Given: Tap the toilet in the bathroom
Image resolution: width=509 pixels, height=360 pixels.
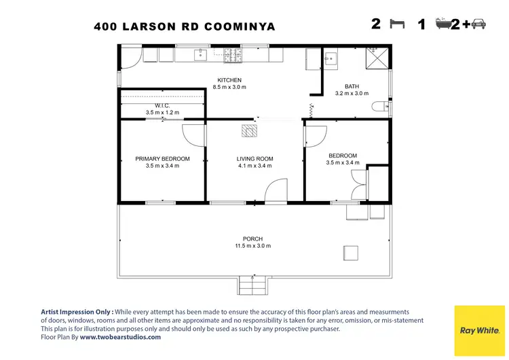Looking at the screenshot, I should (x=383, y=106).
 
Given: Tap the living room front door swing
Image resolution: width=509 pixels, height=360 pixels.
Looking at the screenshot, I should (x=276, y=192).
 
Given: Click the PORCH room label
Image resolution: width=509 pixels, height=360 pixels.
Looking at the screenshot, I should (x=253, y=239).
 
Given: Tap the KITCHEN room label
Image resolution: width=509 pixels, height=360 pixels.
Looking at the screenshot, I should (x=229, y=80).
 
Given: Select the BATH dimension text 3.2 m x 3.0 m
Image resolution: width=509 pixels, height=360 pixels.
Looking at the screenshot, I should (x=352, y=94).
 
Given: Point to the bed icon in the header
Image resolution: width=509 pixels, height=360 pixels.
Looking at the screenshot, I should (x=397, y=24).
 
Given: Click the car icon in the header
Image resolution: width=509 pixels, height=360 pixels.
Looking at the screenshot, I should (x=477, y=24).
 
